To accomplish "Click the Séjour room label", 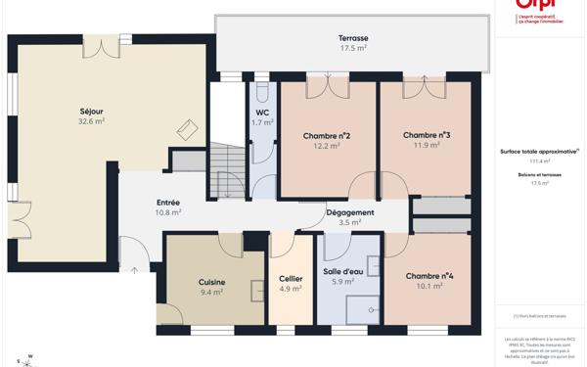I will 91,111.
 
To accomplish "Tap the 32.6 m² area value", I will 91,121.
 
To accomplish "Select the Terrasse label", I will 353,38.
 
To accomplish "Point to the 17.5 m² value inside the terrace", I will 353,48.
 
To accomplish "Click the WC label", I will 262,113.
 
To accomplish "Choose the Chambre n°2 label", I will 327,135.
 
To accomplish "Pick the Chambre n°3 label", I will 426,135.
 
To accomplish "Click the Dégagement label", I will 349,212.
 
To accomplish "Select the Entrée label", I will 168,203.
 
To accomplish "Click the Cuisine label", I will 211,282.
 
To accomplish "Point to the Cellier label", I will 291,279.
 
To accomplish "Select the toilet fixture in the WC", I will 262,95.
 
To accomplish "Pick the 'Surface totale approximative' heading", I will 539,152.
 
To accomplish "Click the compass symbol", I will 26,361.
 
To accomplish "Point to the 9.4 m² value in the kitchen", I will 211,292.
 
